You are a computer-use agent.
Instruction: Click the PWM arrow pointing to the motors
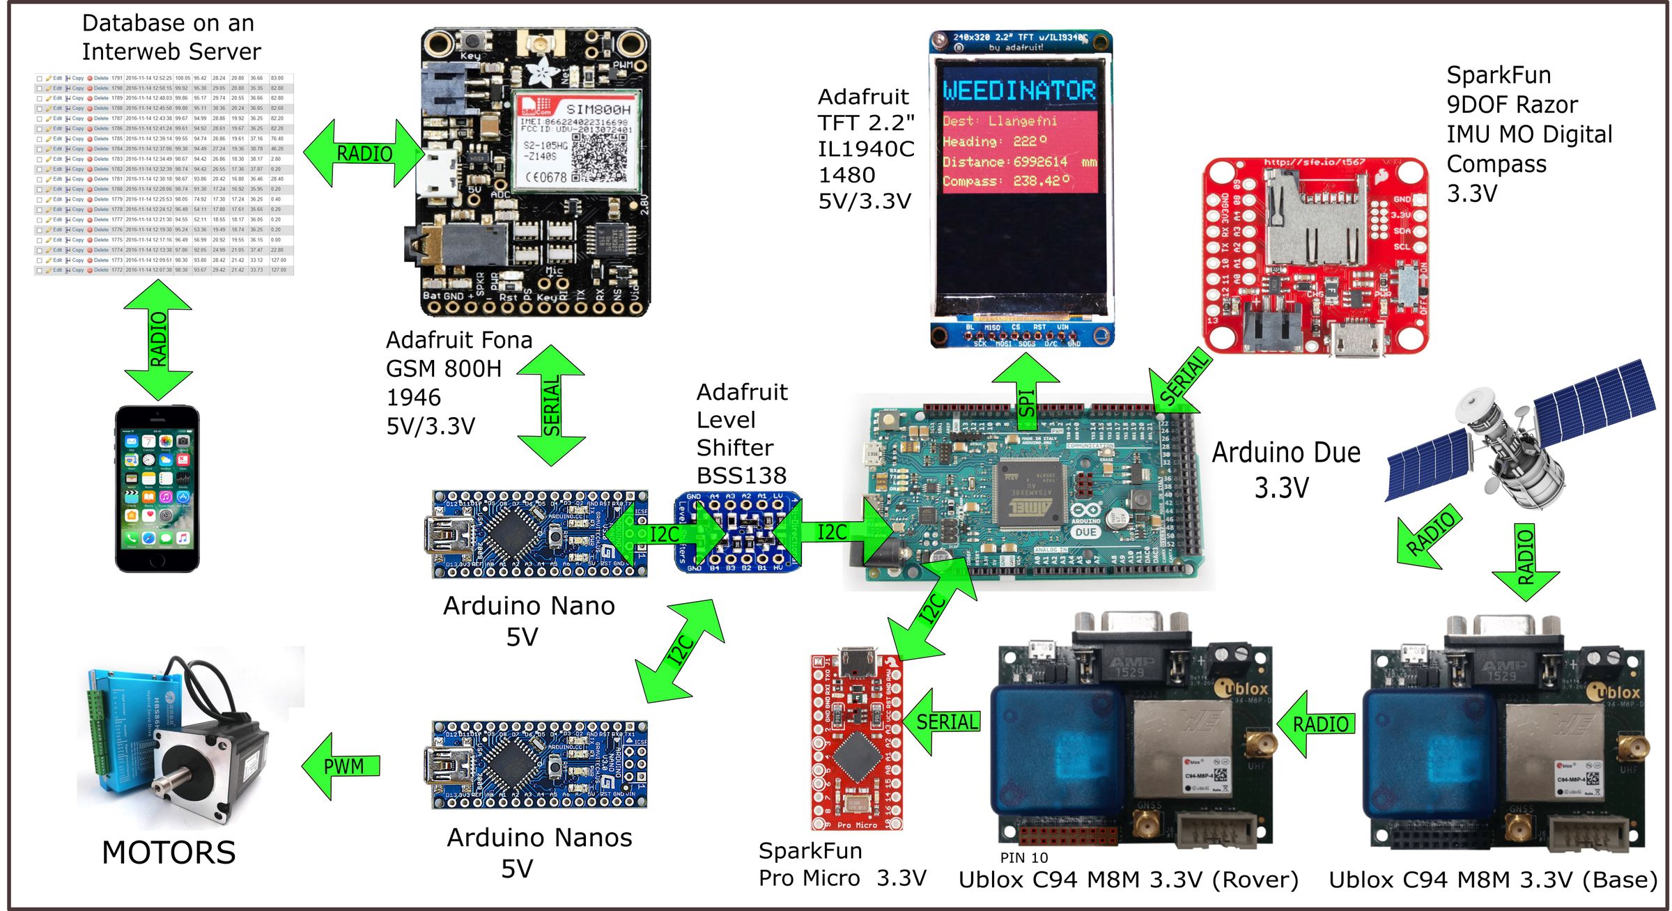pos(341,766)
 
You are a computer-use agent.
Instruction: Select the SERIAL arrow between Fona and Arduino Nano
pos(551,406)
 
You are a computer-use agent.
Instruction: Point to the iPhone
pos(157,489)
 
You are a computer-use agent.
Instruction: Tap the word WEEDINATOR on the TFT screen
pos(1019,91)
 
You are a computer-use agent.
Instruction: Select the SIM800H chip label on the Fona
pos(597,109)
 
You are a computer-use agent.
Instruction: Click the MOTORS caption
pos(169,852)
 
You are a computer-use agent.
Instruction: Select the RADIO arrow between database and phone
pos(159,339)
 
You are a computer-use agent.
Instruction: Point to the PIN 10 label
pos(1023,857)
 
